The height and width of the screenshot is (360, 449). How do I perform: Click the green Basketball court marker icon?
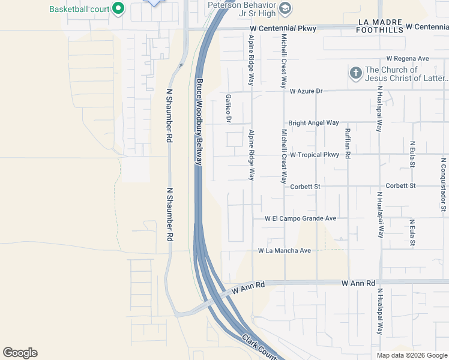pos(118,8)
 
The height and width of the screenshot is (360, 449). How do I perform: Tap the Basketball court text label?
pos(80,9)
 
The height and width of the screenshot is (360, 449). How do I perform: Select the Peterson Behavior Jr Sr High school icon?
pos(286,8)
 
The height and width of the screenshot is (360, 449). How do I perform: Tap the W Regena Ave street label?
pos(408,59)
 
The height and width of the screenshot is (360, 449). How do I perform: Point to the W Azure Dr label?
pos(306,91)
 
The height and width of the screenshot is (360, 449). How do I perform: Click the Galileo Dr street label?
pos(229,108)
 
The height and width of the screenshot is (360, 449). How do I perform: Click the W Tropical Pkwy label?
pos(315,155)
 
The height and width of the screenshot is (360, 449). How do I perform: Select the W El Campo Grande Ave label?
pos(301,219)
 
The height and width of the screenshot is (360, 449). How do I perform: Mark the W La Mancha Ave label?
pos(285,250)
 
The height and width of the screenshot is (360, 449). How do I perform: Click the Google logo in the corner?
pos(20,353)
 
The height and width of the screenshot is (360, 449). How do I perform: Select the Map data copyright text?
pos(411,355)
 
